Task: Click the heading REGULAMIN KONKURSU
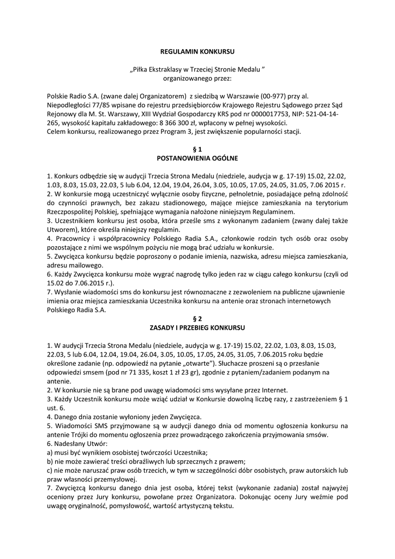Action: (197, 51)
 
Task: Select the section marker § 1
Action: (197, 149)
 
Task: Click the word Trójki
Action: (82, 435)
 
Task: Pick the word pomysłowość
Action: (128, 506)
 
